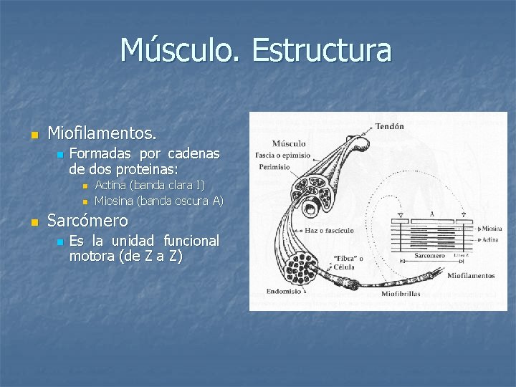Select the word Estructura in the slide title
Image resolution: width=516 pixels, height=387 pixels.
pyautogui.click(x=322, y=50)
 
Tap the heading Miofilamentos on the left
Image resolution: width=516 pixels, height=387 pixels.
pyautogui.click(x=101, y=133)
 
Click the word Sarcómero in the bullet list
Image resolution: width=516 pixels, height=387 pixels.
pyautogui.click(x=87, y=221)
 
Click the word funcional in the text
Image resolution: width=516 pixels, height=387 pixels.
pyautogui.click(x=191, y=240)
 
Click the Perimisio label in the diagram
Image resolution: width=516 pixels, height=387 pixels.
pyautogui.click(x=275, y=167)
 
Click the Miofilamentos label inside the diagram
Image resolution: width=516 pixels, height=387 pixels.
pyautogui.click(x=470, y=275)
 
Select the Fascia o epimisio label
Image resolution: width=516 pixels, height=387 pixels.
pyautogui.click(x=283, y=155)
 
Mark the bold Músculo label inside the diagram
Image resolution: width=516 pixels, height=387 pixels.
pyautogui.click(x=290, y=143)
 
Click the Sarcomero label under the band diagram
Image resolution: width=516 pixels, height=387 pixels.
pyautogui.click(x=430, y=255)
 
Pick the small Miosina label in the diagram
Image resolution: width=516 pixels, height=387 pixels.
pyautogui.click(x=492, y=228)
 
